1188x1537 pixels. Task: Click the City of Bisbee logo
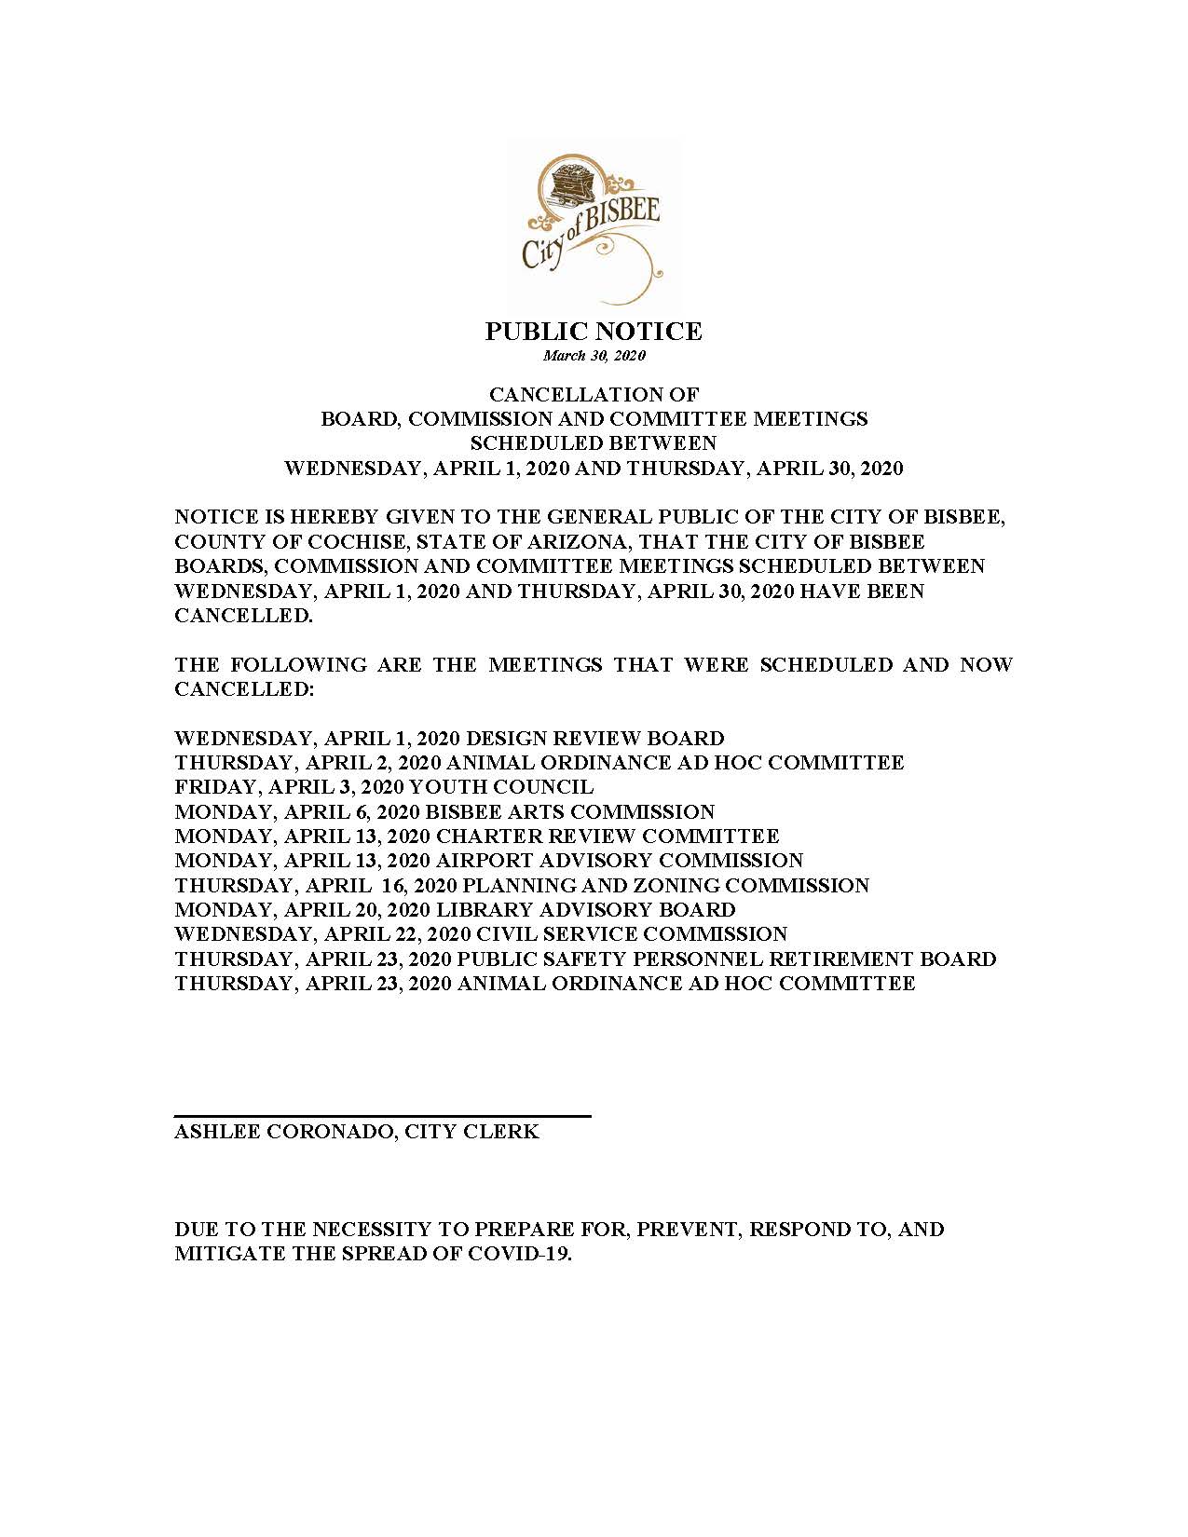(x=594, y=224)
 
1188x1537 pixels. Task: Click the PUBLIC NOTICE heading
(x=594, y=332)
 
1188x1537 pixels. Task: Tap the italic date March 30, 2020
(x=594, y=356)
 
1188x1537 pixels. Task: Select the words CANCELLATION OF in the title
(x=594, y=395)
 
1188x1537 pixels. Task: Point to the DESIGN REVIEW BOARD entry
(x=594, y=739)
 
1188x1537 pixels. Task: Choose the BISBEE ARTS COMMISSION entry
(x=575, y=812)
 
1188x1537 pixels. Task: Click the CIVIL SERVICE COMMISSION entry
(x=632, y=934)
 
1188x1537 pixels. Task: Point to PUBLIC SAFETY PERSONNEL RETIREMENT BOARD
(x=727, y=959)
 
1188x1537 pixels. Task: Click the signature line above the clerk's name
(x=382, y=1115)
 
